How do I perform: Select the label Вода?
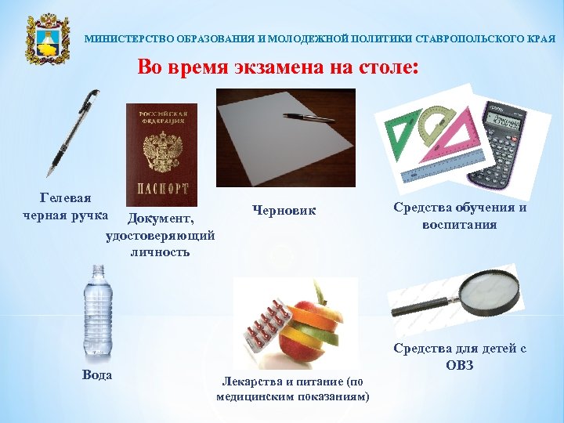tap(97, 374)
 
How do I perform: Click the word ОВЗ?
tap(460, 364)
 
